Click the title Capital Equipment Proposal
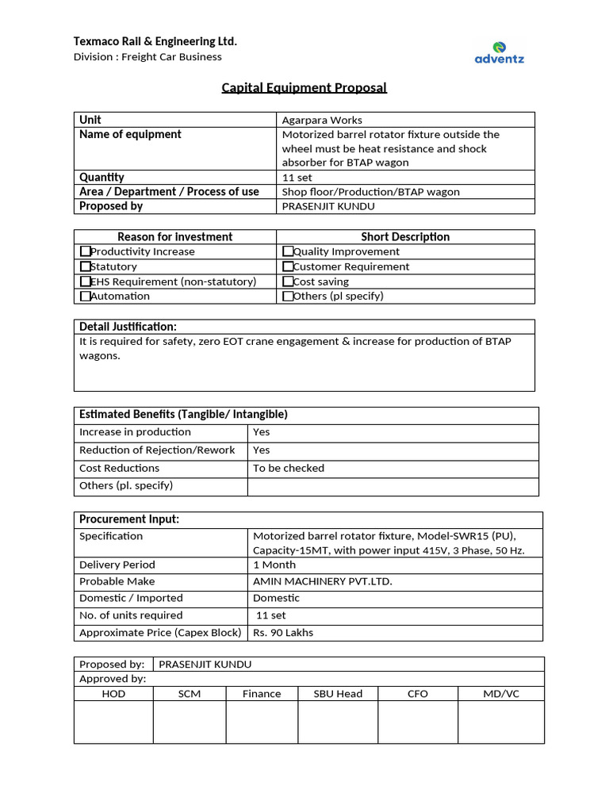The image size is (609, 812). coord(304,87)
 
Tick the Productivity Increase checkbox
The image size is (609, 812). coord(86,251)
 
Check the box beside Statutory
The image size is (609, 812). coord(86,266)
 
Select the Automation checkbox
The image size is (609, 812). coord(86,296)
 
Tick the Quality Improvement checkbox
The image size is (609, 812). coord(288,251)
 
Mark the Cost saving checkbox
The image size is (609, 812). coord(288,282)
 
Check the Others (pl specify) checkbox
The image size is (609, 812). coord(288,296)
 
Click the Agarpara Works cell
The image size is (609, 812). coord(322,121)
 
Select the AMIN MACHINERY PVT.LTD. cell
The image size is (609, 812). coord(322,581)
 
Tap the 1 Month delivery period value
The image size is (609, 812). coord(274,565)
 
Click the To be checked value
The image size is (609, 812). coord(289,468)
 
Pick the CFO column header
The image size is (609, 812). coord(417,694)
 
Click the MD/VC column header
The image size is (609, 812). coord(501,694)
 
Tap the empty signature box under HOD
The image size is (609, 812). coord(113,722)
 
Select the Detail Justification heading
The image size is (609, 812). coord(128,327)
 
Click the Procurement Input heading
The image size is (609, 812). coord(129,519)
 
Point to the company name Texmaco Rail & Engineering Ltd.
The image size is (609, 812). coord(155,41)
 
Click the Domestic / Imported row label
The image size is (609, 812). coord(131,598)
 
